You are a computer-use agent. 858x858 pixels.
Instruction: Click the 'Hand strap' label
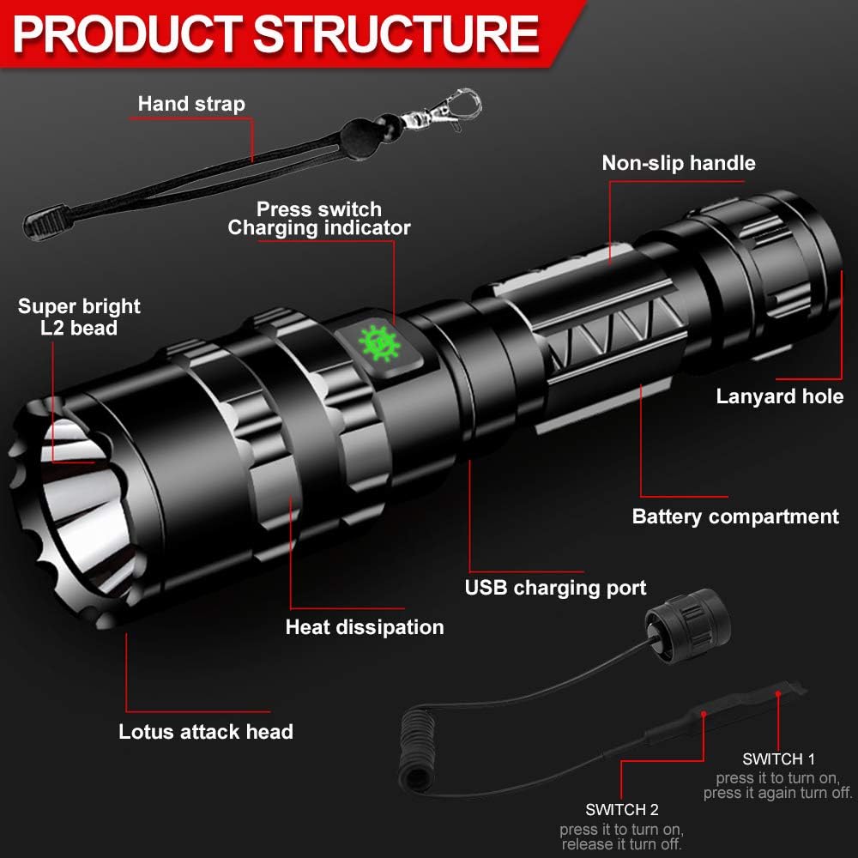pos(191,104)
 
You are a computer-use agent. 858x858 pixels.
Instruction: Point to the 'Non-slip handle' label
pos(678,163)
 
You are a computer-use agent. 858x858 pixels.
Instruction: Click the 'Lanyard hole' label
pos(779,396)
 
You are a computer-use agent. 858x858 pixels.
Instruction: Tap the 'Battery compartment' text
pos(735,517)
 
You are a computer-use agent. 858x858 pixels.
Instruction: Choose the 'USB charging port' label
pos(555,588)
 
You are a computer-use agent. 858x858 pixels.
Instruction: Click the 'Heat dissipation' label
pos(365,627)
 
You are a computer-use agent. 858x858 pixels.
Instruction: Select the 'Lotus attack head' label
pos(206,732)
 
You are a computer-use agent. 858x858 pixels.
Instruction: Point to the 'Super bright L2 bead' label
pos(79,317)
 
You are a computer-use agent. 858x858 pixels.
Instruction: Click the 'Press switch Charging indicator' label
pos(319,219)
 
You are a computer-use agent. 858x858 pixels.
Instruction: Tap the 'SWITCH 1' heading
pos(778,758)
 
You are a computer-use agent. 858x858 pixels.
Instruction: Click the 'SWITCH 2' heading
pos(621,809)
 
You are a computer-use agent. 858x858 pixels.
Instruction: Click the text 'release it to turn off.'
pos(621,845)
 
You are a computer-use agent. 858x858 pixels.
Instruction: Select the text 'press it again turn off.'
pos(778,794)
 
